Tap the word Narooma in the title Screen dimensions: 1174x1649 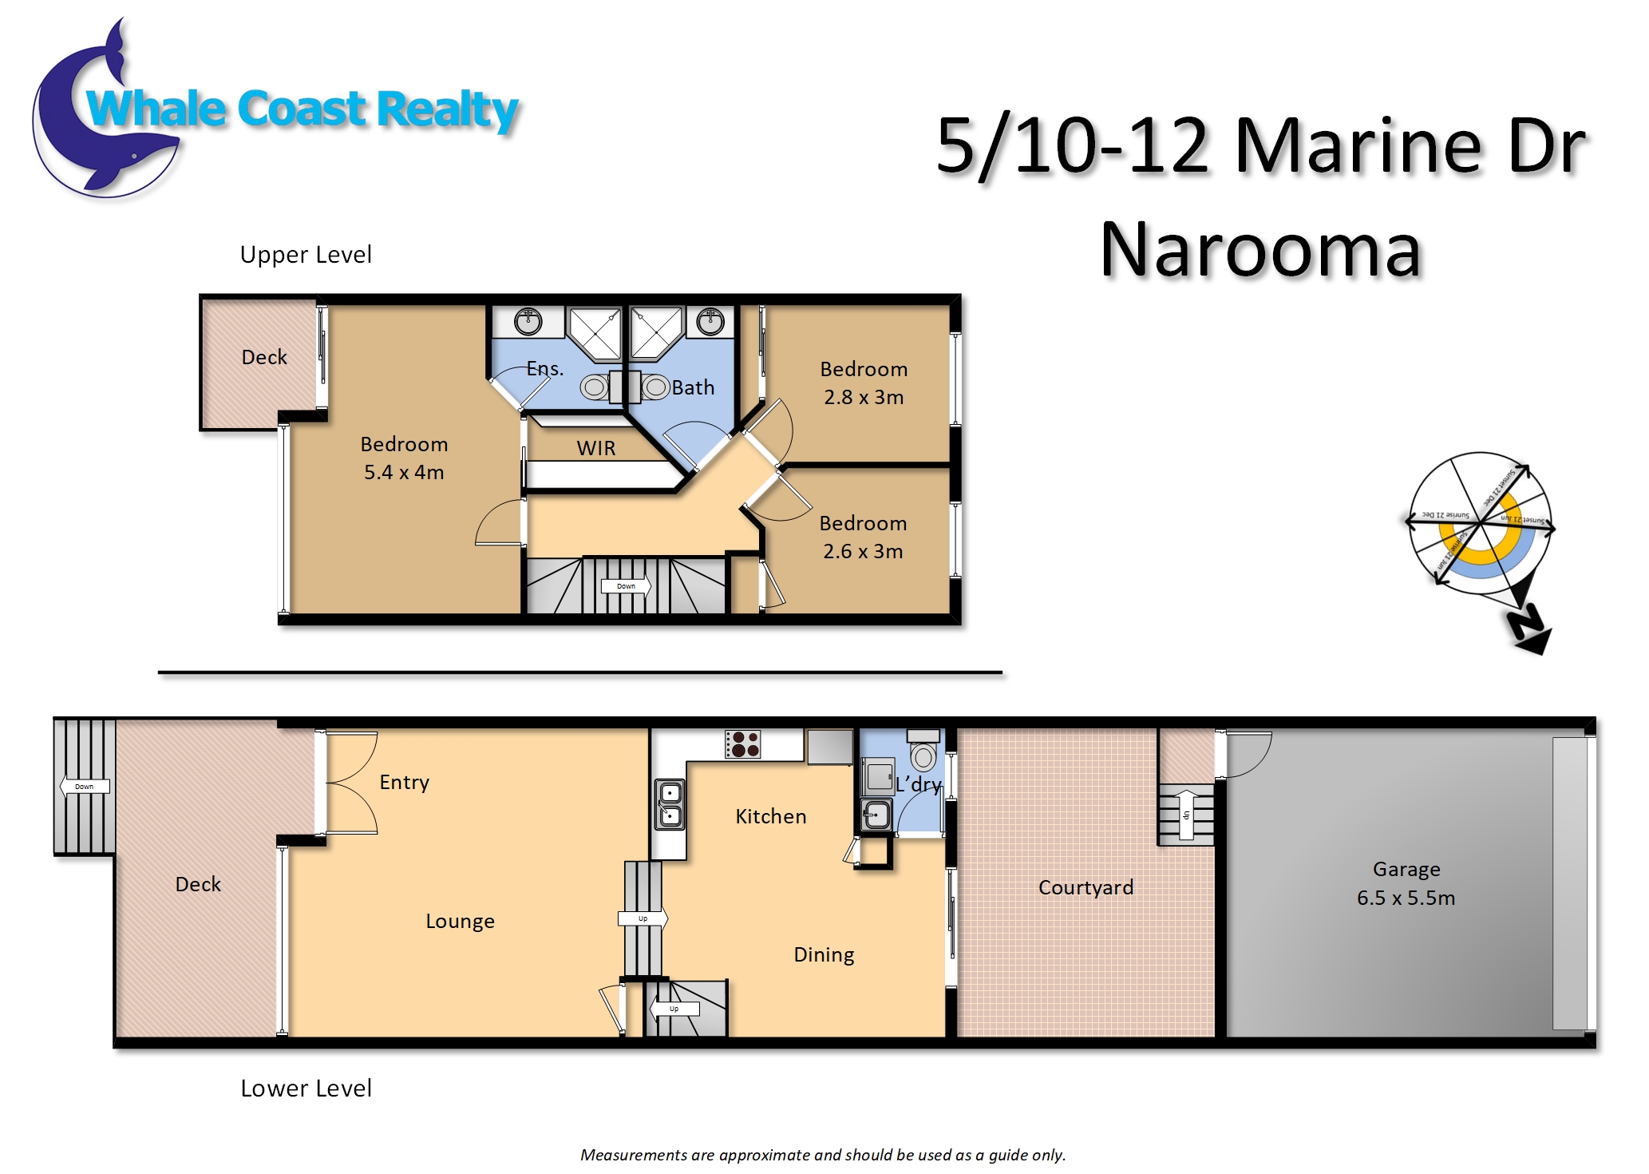tap(1260, 251)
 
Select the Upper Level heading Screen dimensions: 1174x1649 tap(306, 255)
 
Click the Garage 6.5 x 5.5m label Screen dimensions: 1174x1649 tap(1406, 883)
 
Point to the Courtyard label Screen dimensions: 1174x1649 tap(1085, 887)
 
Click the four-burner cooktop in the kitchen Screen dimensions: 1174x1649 tap(743, 744)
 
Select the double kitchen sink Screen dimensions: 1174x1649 tap(670, 804)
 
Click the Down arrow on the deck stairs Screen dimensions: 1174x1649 tap(85, 787)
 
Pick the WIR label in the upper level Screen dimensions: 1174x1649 tap(596, 448)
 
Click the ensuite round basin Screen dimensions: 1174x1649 tap(528, 322)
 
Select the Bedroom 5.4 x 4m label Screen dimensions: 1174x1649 tap(404, 458)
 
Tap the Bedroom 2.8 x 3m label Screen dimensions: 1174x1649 tap(864, 383)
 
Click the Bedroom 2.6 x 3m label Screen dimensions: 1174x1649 tap(863, 537)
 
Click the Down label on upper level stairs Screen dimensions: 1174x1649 tap(627, 586)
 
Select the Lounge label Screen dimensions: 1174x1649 tap(460, 921)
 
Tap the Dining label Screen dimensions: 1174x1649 tap(824, 954)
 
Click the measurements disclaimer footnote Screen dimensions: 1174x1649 tap(823, 1155)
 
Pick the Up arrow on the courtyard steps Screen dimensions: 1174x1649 tap(1186, 814)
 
